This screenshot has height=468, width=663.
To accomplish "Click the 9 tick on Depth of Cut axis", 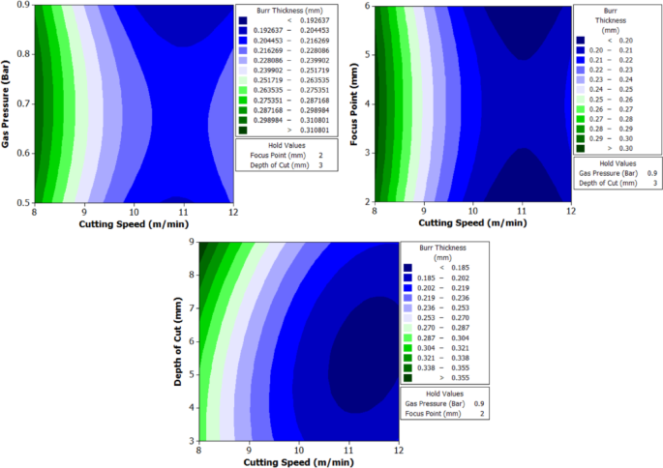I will click(x=193, y=243).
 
